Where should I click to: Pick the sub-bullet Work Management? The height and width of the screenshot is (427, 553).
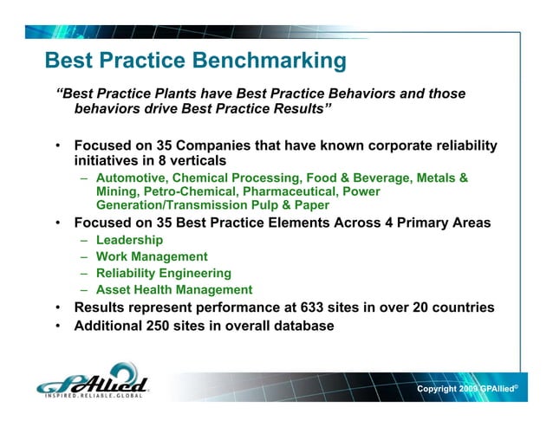pos(152,256)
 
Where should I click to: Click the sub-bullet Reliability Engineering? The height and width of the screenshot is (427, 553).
pos(164,273)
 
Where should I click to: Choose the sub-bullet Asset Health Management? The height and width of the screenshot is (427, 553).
pos(174,290)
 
